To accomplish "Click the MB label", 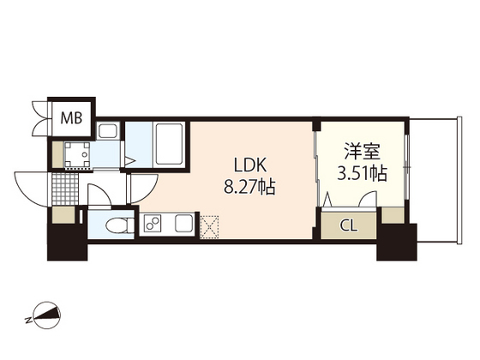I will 71,117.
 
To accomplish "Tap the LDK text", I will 247,165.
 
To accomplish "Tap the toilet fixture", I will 119,225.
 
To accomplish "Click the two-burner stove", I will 153,225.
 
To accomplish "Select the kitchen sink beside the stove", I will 184,225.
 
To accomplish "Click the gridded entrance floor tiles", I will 63,186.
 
